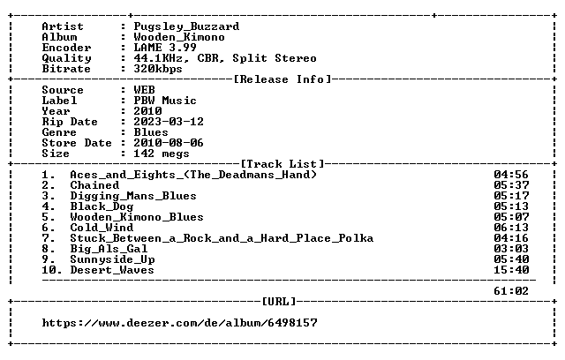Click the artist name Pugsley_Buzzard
(186, 27)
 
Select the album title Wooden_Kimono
(179, 37)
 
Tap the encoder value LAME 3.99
(165, 48)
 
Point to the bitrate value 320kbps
(158, 69)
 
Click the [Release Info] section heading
(282, 79)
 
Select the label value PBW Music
(165, 101)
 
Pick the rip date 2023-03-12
(169, 122)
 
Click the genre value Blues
(151, 132)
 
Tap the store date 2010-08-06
(169, 143)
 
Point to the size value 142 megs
(162, 154)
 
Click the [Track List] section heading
(282, 164)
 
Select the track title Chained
(94, 185)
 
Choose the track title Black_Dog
(102, 206)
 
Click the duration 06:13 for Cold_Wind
(511, 228)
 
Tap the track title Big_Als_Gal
(109, 249)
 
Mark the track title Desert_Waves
(112, 270)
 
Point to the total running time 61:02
(511, 291)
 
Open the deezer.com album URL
(179, 323)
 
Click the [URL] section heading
(279, 301)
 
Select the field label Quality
(67, 58)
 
